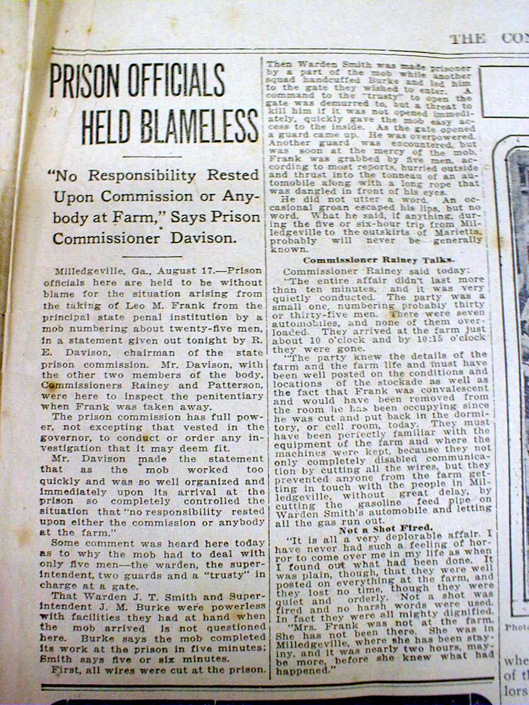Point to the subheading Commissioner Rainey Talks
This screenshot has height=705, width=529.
(x=380, y=260)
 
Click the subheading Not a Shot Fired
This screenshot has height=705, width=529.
(x=387, y=528)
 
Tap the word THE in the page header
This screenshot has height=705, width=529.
(x=467, y=39)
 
